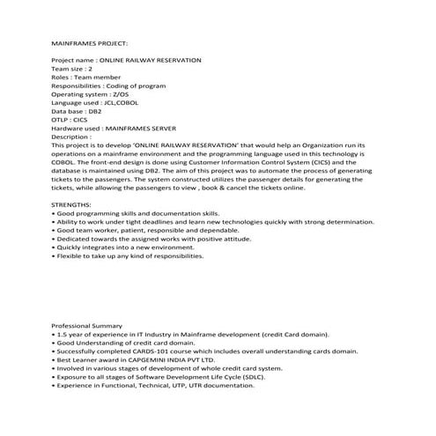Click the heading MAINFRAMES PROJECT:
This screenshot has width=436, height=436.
pyautogui.click(x=90, y=42)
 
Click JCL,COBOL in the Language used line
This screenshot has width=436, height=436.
pyautogui.click(x=121, y=102)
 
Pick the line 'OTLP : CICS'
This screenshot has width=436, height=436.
pyautogui.click(x=73, y=120)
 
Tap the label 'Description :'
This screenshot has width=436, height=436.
pyautogui.click(x=72, y=137)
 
